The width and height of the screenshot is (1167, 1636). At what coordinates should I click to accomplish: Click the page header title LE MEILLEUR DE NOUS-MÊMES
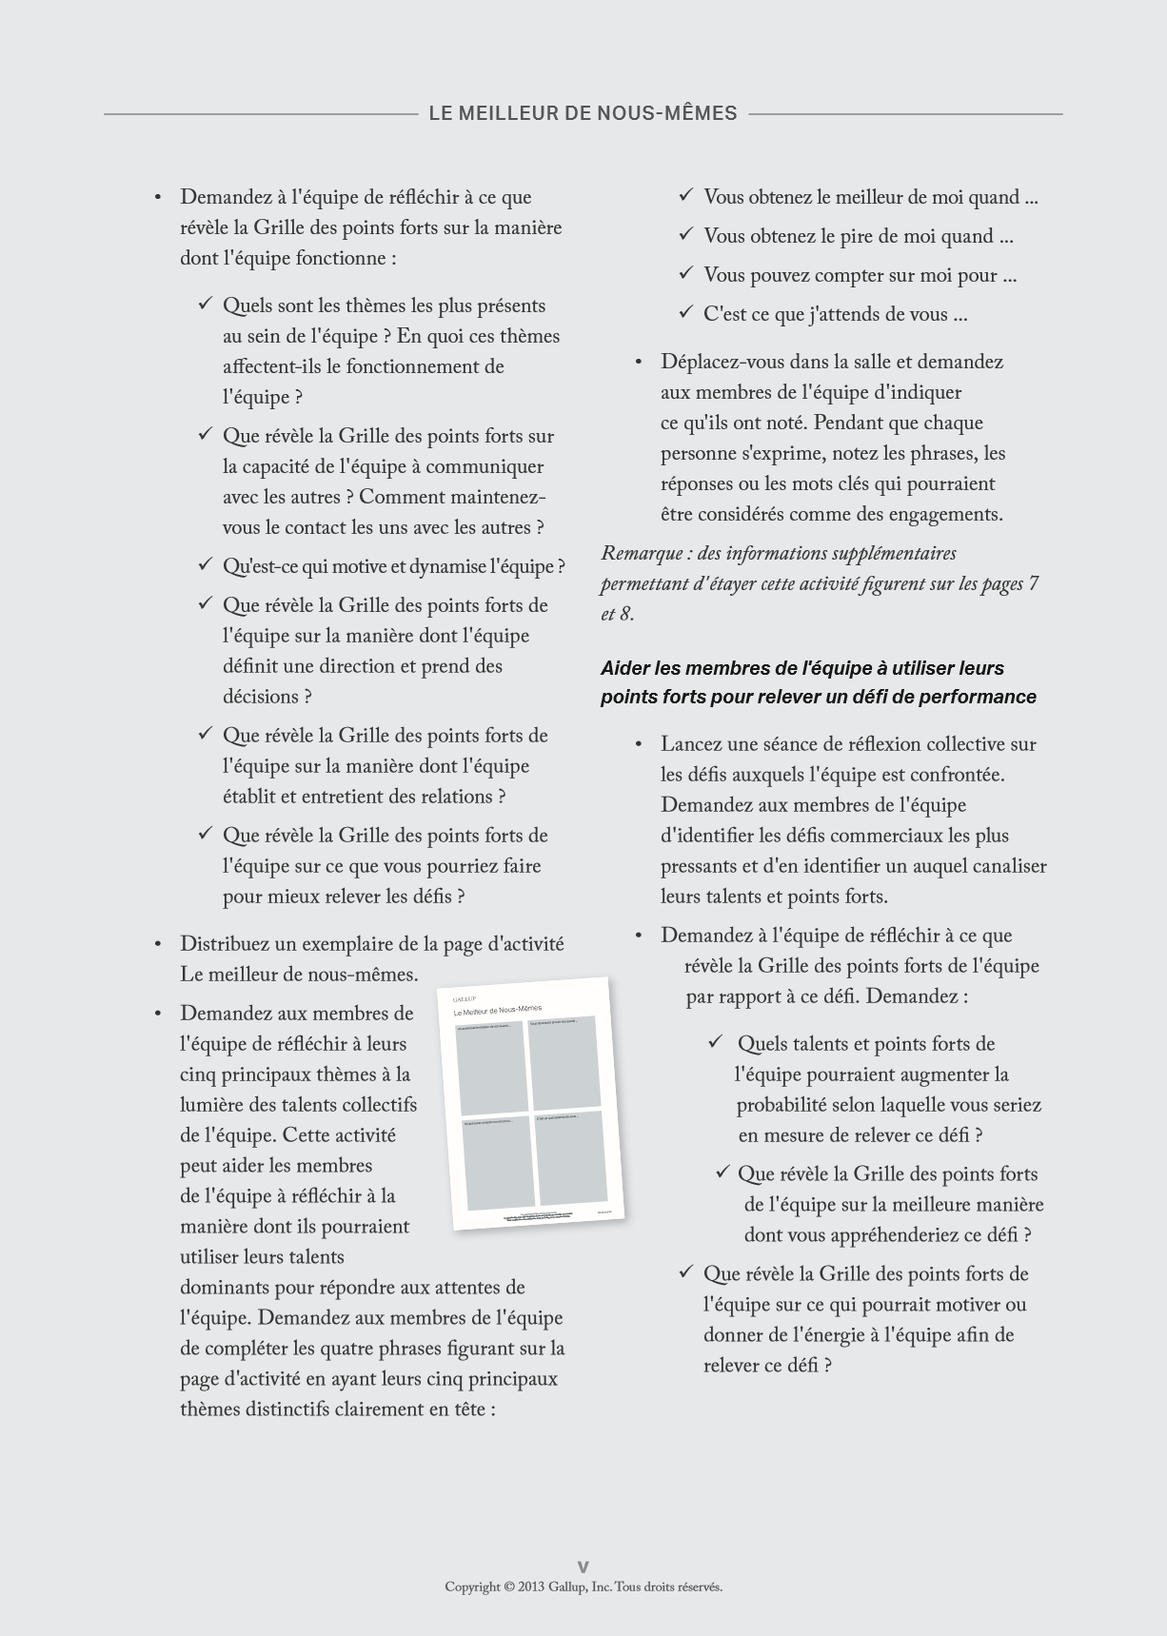point(583,113)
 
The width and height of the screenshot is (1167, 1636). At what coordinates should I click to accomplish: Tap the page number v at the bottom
point(583,1566)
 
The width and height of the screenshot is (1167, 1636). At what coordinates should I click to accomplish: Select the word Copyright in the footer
point(472,1587)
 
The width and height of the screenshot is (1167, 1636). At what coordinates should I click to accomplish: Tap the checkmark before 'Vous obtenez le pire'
point(685,234)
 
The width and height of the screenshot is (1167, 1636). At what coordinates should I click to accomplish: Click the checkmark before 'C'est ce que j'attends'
point(685,312)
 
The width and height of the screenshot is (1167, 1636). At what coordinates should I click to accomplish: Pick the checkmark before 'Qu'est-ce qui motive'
point(205,564)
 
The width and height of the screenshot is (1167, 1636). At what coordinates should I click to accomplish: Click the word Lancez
point(690,744)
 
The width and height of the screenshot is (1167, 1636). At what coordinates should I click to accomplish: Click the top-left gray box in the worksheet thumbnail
point(491,1067)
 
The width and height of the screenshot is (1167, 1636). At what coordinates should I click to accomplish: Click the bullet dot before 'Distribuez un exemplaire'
point(158,944)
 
